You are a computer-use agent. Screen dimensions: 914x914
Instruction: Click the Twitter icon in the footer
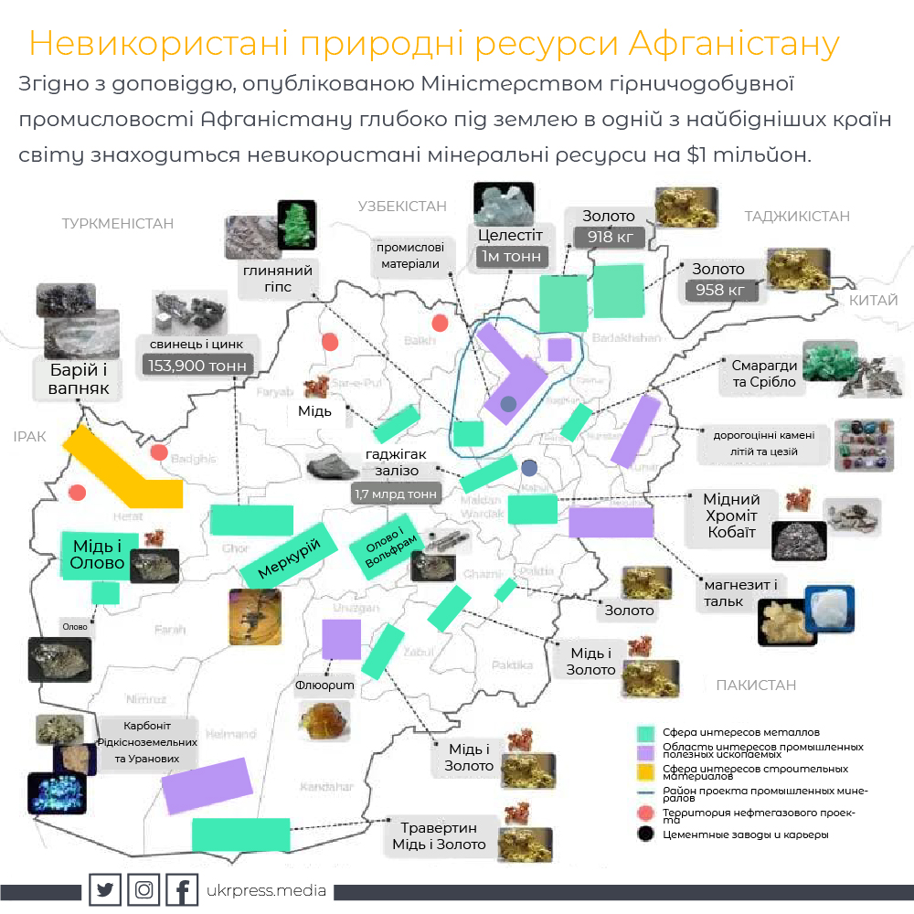pos(105,890)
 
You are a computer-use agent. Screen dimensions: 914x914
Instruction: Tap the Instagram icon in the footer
pos(144,890)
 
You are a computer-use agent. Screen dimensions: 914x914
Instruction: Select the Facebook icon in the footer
pos(183,890)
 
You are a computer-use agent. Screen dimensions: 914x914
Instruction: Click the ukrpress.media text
pos(267,890)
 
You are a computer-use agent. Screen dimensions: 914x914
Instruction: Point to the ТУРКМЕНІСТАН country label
pos(117,223)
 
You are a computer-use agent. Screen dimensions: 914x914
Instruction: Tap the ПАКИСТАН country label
pos(756,685)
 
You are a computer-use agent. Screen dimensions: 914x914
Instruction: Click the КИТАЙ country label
pos(874,300)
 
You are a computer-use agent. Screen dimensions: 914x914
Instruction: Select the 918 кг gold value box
pos(610,237)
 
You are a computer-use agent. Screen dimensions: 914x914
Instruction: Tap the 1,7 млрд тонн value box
pos(395,494)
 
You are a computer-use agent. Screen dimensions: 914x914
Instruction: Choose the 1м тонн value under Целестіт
pos(511,257)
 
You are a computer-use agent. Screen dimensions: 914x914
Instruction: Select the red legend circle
pos(647,813)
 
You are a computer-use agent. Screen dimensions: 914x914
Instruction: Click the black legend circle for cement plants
pos(647,834)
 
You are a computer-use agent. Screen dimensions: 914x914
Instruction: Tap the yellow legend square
pos(647,772)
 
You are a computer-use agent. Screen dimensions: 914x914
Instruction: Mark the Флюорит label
pos(324,684)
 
